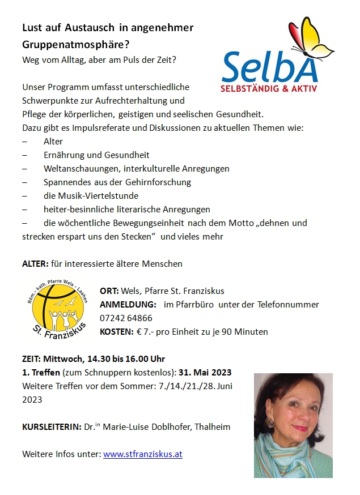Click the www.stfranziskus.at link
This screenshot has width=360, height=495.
pyautogui.click(x=142, y=454)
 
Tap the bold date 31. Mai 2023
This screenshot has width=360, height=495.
pyautogui.click(x=205, y=373)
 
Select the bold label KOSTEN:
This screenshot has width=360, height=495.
pyautogui.click(x=117, y=332)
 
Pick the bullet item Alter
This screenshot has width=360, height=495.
pyautogui.click(x=53, y=142)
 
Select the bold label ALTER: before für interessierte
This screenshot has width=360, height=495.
pyautogui.click(x=35, y=264)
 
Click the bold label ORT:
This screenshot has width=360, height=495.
pyautogui.click(x=108, y=291)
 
